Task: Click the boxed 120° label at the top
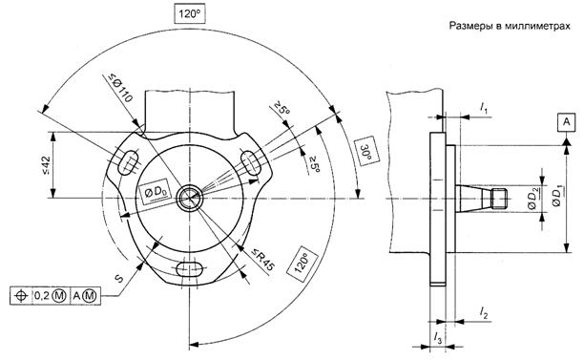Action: pos(190,14)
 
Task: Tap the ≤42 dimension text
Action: pos(46,164)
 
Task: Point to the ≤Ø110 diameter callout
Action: pos(120,88)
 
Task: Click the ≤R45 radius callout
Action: pos(263,260)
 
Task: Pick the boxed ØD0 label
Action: pos(156,192)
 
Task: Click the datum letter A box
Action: pos(567,122)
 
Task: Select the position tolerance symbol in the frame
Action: pos(21,296)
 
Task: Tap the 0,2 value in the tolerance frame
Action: pos(44,296)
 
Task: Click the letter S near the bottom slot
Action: pos(118,279)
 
